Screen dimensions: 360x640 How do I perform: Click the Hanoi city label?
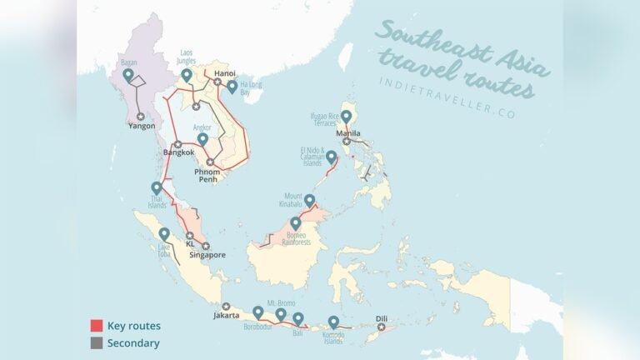pyautogui.click(x=225, y=73)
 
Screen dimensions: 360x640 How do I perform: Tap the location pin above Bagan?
pyautogui.click(x=127, y=74)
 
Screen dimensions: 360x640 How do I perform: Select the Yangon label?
pyautogui.click(x=141, y=127)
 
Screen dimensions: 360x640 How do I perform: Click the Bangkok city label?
pyautogui.click(x=178, y=152)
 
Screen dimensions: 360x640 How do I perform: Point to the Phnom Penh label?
pyautogui.click(x=207, y=176)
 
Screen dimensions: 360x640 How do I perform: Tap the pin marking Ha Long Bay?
pyautogui.click(x=231, y=86)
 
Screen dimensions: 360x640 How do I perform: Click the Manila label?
pyautogui.click(x=348, y=132)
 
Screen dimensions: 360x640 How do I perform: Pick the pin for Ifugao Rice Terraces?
pyautogui.click(x=346, y=117)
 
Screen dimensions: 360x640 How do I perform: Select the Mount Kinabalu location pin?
pyautogui.click(x=309, y=200)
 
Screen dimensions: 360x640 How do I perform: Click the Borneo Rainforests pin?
pyautogui.click(x=295, y=222)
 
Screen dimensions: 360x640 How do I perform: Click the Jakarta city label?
pyautogui.click(x=226, y=316)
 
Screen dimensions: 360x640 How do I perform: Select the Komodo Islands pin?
pyautogui.click(x=333, y=322)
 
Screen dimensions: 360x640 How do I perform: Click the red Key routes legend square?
pyautogui.click(x=96, y=326)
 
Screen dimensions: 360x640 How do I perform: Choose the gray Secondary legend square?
pyautogui.click(x=96, y=342)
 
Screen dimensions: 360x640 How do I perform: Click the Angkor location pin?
pyautogui.click(x=202, y=139)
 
